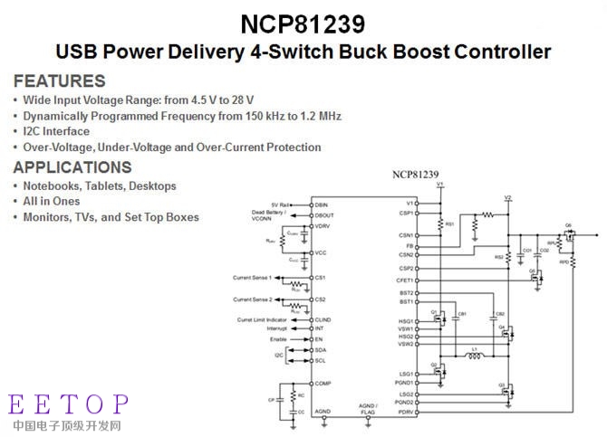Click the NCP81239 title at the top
[303, 22]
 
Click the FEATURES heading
[59, 81]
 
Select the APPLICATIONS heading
[72, 167]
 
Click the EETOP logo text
[69, 404]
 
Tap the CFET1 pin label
[404, 280]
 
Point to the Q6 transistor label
[568, 224]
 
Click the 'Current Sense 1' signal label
[251, 276]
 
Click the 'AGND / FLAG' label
[367, 409]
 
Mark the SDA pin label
[321, 349]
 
